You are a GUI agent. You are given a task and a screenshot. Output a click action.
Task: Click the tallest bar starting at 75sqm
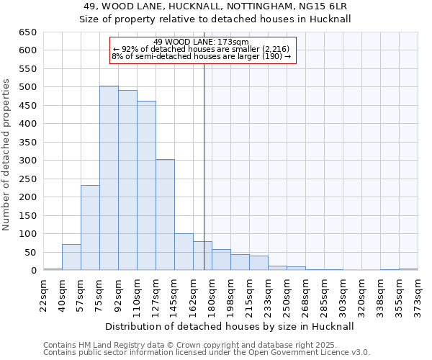109,179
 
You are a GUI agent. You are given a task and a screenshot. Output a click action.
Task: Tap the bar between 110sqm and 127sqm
146,186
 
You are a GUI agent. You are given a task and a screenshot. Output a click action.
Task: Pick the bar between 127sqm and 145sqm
165,215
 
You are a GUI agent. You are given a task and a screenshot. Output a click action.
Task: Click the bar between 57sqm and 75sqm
90,228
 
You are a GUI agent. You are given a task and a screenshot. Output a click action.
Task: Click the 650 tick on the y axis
27,32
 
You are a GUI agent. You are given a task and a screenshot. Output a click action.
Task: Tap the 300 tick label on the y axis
27,161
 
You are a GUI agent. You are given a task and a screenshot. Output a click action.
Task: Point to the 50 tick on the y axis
30,253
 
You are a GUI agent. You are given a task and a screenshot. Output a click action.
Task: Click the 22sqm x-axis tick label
43,294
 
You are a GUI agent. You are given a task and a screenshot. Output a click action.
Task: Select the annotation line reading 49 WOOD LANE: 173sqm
202,42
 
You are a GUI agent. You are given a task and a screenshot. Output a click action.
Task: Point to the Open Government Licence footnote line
206,353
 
